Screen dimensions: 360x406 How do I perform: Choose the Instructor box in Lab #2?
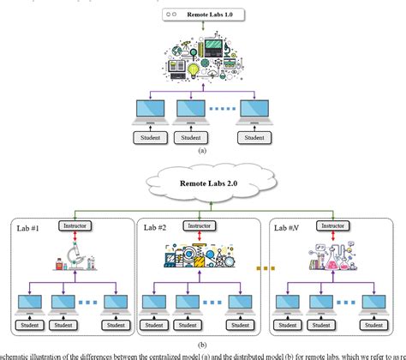point(202,226)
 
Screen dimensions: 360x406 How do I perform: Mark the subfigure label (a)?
point(202,148)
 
